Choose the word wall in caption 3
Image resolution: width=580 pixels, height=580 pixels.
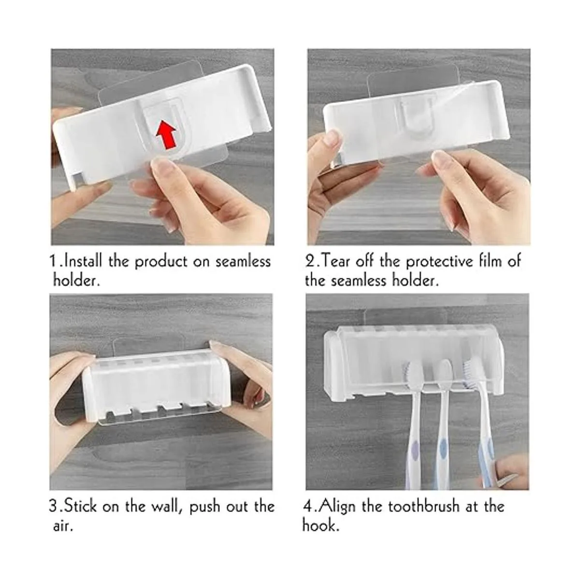pos(167,507)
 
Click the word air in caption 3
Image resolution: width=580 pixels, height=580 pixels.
pos(62,526)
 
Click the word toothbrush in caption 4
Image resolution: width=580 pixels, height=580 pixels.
pos(423,506)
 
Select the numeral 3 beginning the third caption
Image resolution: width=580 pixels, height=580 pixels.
pos(53,506)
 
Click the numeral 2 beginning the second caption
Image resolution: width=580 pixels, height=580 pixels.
pos(309,261)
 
